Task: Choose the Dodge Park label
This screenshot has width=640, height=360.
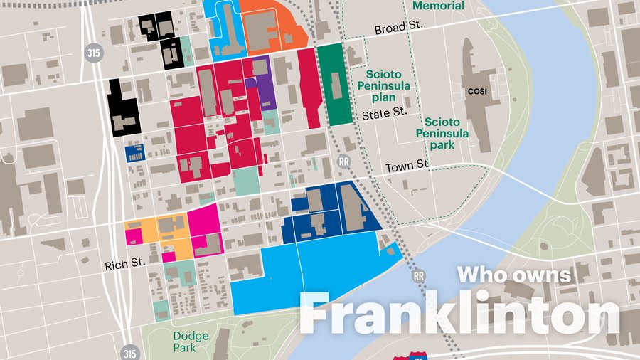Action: pos(191,342)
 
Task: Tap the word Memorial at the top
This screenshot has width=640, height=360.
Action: pos(438,6)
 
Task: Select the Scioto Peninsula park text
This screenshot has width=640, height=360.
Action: pos(442,133)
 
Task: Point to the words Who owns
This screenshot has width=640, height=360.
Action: pos(513,274)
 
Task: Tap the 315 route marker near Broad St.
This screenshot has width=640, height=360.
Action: pos(92,52)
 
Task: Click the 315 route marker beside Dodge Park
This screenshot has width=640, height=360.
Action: pos(129,352)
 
